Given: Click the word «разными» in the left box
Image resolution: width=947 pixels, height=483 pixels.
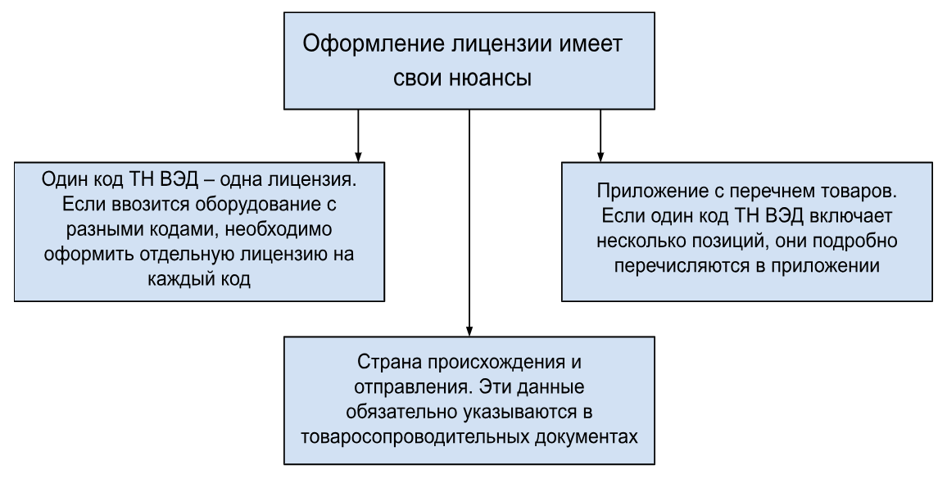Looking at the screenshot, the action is click(105, 231).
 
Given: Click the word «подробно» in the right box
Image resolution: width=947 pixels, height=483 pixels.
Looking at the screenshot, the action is click(855, 241).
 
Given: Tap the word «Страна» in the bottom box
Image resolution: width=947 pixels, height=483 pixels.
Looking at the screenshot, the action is click(390, 363).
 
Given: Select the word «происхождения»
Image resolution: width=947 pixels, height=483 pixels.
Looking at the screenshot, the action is click(496, 363).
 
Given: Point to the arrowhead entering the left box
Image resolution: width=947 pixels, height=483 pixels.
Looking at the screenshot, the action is click(358, 156).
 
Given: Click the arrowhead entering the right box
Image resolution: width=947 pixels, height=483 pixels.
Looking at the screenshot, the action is click(600, 156).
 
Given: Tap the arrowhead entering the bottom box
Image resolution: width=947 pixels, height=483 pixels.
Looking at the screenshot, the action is click(469, 331).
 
